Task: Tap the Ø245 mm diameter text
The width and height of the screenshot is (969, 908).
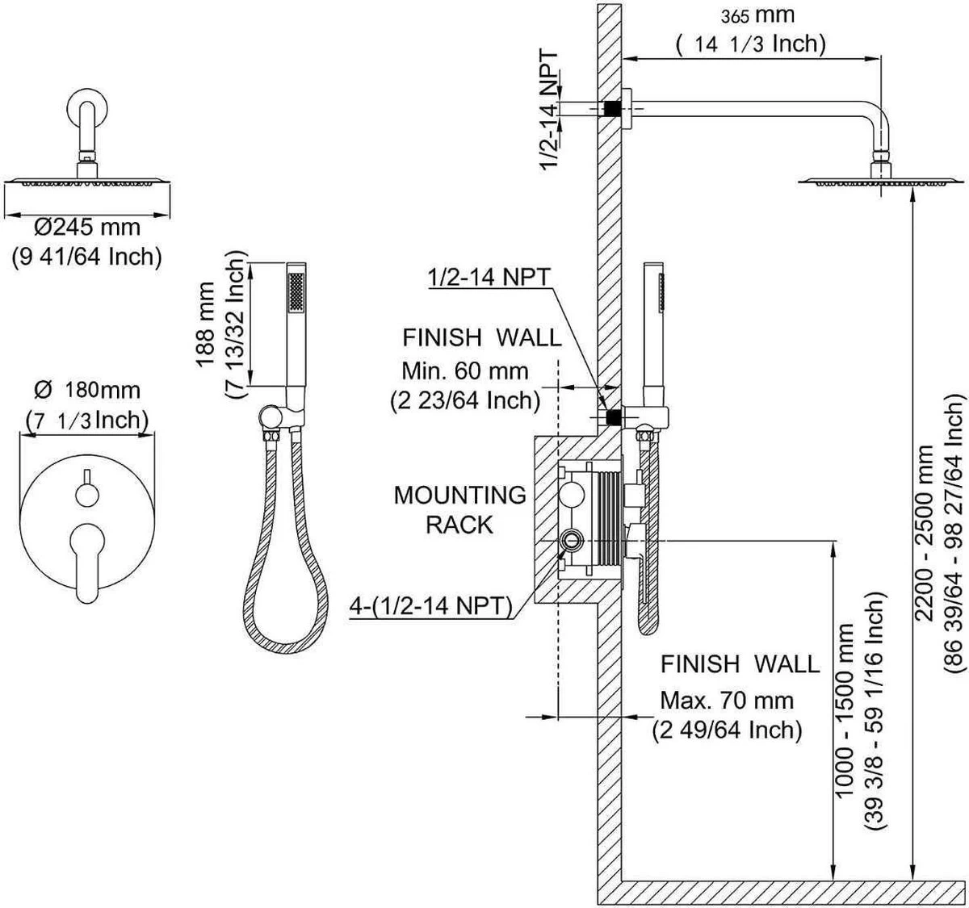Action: tap(86, 228)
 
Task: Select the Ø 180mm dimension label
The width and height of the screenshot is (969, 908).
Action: tap(87, 391)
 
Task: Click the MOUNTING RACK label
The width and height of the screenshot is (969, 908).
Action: tap(459, 508)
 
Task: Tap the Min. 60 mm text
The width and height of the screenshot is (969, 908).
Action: tap(465, 371)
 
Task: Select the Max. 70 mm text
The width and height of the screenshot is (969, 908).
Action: tap(727, 700)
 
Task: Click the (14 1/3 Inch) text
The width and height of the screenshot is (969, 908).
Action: tap(751, 44)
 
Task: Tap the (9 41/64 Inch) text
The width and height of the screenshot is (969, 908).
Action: tap(86, 257)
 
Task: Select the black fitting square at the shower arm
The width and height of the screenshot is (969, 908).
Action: tap(611, 107)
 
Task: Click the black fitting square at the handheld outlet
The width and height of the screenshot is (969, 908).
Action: tap(613, 417)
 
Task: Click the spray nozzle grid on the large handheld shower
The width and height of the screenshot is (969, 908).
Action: tap(297, 291)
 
